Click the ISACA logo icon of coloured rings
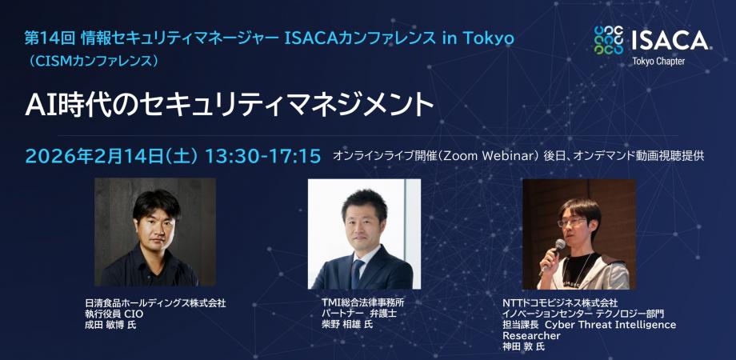[609, 40]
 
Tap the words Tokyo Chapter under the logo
[658, 62]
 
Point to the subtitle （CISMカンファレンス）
[92, 61]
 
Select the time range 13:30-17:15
[263, 156]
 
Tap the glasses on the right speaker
[572, 222]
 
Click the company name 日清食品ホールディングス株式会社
[155, 303]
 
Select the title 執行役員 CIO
[114, 314]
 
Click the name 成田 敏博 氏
[110, 324]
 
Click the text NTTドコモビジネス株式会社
[560, 303]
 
